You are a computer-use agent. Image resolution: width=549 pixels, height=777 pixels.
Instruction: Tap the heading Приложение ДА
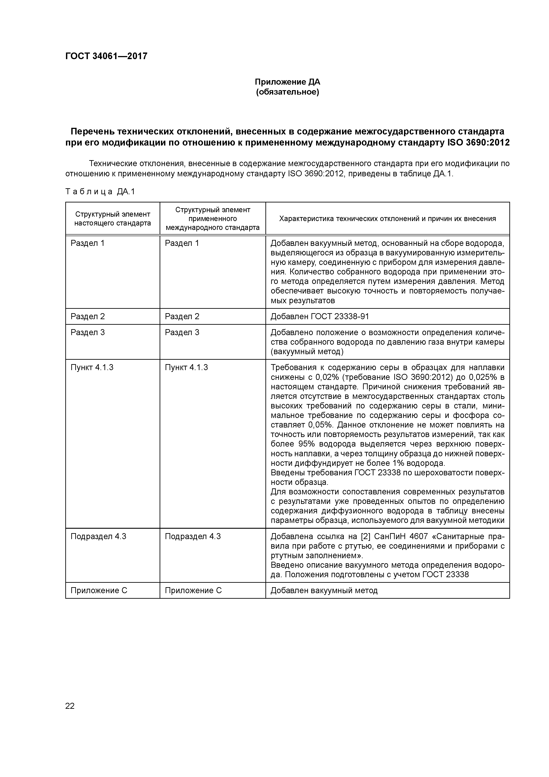(x=287, y=82)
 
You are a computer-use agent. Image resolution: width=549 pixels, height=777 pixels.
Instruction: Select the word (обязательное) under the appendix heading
(x=287, y=92)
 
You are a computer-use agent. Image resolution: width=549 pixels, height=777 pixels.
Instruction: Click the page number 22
(x=70, y=706)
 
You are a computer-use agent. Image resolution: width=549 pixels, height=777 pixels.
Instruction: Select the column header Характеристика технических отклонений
(x=387, y=219)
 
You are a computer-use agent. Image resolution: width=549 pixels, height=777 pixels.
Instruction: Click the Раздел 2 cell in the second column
(x=182, y=317)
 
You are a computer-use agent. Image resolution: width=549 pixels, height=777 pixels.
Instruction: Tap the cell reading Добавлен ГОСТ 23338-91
(x=320, y=317)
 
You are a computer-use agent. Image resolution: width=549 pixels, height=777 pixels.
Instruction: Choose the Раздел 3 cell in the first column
(x=88, y=332)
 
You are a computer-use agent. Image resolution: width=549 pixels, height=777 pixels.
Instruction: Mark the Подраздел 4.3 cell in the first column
(x=98, y=536)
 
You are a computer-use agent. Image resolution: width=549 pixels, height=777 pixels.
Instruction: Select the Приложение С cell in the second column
(x=193, y=591)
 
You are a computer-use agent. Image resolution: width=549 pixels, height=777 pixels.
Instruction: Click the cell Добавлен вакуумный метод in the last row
(x=324, y=591)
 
